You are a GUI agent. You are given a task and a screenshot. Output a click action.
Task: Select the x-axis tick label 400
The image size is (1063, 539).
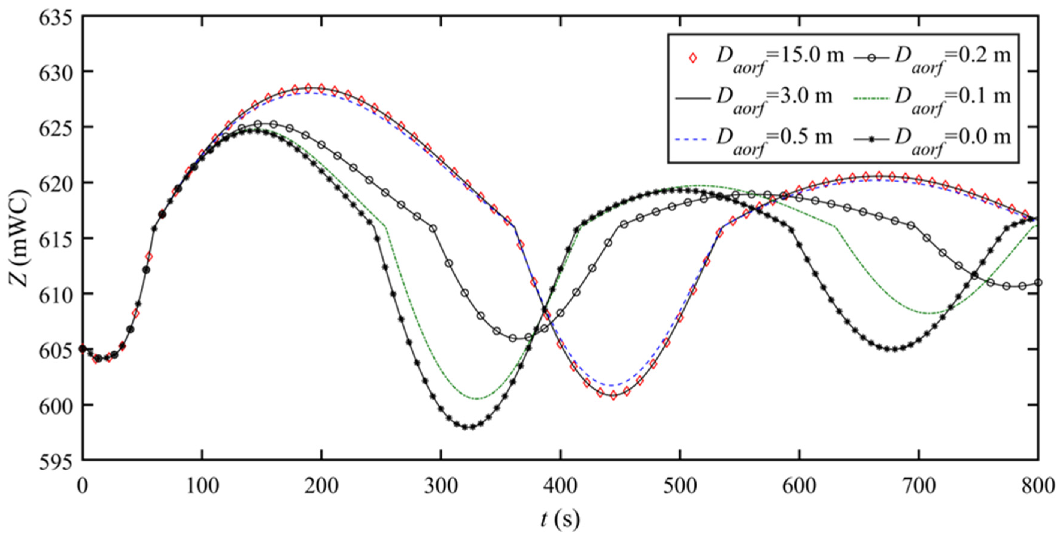(560, 486)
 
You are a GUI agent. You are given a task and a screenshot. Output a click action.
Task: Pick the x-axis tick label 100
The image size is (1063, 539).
(202, 486)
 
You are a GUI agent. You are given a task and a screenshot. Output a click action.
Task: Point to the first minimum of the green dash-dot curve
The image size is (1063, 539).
(477, 399)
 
